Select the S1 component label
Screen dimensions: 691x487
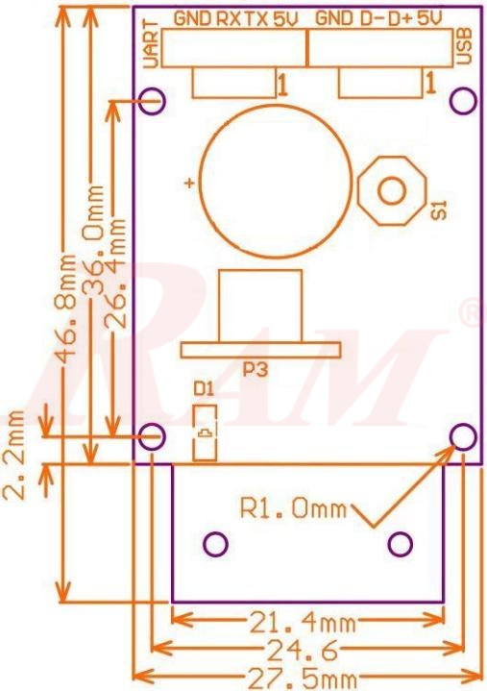pos(439,210)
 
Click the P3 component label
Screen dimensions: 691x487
pos(255,368)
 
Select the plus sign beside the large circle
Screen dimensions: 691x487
pos(190,183)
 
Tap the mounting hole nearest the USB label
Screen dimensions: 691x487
pos(463,100)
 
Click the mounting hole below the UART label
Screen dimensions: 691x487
pos(152,99)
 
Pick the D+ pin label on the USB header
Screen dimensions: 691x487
pos(409,18)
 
